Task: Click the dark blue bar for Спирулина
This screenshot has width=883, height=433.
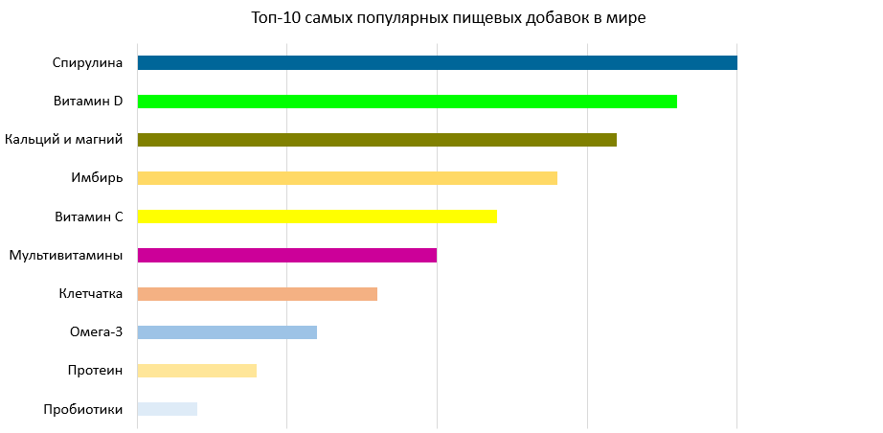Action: click(x=437, y=63)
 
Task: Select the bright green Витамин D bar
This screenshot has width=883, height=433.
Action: click(x=407, y=102)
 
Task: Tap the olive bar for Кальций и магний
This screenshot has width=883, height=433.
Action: click(x=376, y=140)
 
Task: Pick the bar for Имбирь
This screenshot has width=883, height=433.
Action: click(x=347, y=178)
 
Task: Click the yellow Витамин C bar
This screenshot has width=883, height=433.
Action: click(x=317, y=216)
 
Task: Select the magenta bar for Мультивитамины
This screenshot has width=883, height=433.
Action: click(x=287, y=255)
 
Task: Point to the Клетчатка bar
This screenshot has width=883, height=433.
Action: click(x=257, y=294)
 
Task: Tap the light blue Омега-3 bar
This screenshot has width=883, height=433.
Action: click(x=227, y=332)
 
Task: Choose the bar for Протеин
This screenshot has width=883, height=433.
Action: click(x=197, y=371)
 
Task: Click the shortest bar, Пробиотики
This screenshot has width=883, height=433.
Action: click(x=168, y=409)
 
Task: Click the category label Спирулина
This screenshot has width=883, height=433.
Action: click(x=87, y=63)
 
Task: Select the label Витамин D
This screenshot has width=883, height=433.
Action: click(x=88, y=102)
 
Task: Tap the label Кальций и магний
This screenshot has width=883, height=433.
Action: click(x=64, y=140)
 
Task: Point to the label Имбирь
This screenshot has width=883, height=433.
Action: click(x=97, y=178)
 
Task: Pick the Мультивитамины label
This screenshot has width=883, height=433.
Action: click(x=66, y=255)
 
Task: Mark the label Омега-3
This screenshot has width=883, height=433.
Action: click(x=97, y=332)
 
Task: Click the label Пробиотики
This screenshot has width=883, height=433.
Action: click(x=83, y=409)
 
